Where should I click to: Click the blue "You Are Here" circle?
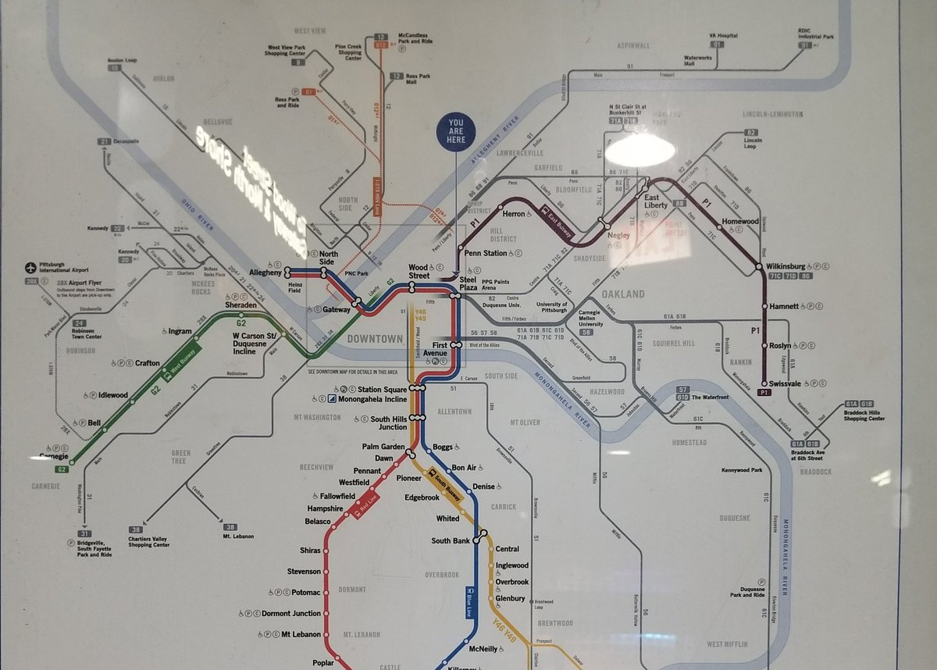pyautogui.click(x=456, y=130)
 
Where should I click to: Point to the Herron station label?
pyautogui.click(x=514, y=214)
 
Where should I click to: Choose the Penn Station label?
pyautogui.click(x=485, y=253)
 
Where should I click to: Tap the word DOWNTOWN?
pyautogui.click(x=375, y=339)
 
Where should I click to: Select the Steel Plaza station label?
pyautogui.click(x=468, y=283)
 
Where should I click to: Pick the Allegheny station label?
pyautogui.click(x=264, y=272)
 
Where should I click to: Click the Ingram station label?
pyautogui.click(x=179, y=331)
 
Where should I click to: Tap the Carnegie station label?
pyautogui.click(x=55, y=456)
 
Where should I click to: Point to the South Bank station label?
pyautogui.click(x=451, y=540)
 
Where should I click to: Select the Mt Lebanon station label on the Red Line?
pyautogui.click(x=301, y=634)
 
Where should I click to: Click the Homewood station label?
pyautogui.click(x=739, y=222)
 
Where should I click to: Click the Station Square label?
pyautogui.click(x=383, y=389)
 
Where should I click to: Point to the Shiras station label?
pyautogui.click(x=310, y=551)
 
